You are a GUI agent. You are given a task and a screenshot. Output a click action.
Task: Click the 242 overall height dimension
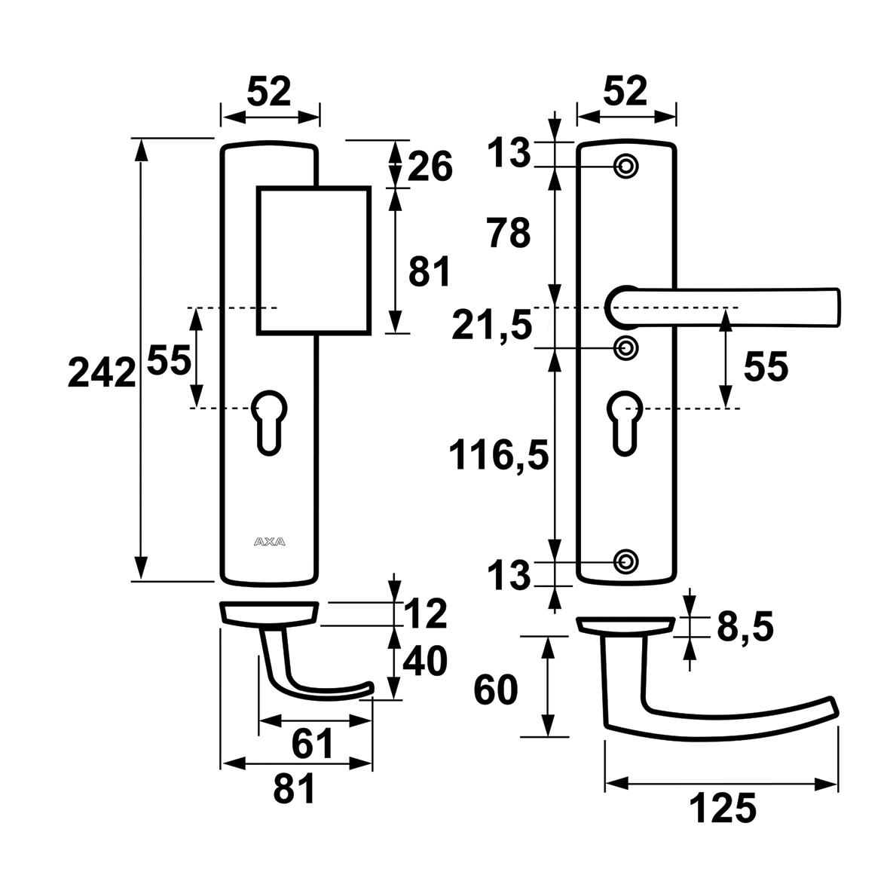point(101,372)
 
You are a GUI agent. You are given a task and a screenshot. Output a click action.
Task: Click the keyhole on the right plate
point(623,421)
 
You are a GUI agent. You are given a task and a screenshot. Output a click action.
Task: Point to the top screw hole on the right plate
point(625,166)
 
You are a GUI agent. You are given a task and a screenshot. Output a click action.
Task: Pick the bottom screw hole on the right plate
point(625,561)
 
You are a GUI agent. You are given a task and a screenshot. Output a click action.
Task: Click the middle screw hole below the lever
point(625,347)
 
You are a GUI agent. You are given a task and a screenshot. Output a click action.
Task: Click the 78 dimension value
point(509,234)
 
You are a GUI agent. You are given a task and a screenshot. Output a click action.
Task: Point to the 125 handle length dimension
point(721,809)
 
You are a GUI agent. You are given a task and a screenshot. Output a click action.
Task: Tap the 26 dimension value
point(431,166)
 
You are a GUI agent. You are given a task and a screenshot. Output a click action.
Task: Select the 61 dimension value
point(312,745)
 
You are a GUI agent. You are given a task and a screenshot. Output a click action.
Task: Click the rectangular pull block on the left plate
point(313,259)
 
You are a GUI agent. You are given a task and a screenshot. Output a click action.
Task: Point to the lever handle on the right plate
point(731,307)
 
